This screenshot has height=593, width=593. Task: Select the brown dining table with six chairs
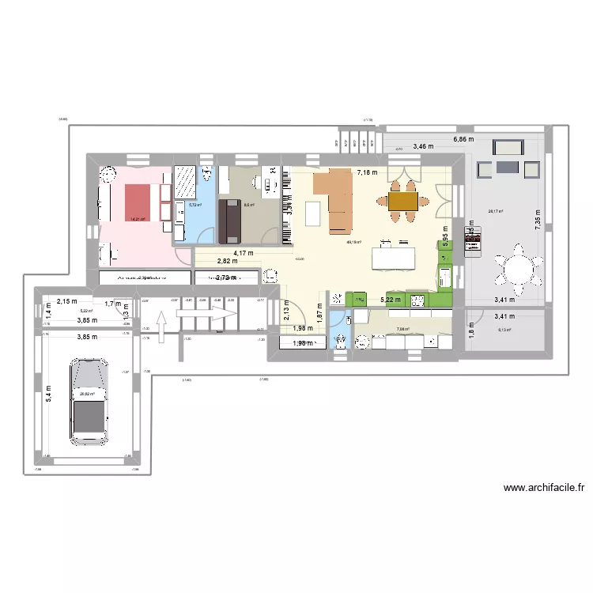click(x=402, y=202)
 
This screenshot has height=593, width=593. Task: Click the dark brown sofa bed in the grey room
click(x=231, y=221)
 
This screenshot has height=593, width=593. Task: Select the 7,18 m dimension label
click(x=367, y=172)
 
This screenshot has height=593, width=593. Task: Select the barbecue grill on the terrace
click(x=472, y=245)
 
